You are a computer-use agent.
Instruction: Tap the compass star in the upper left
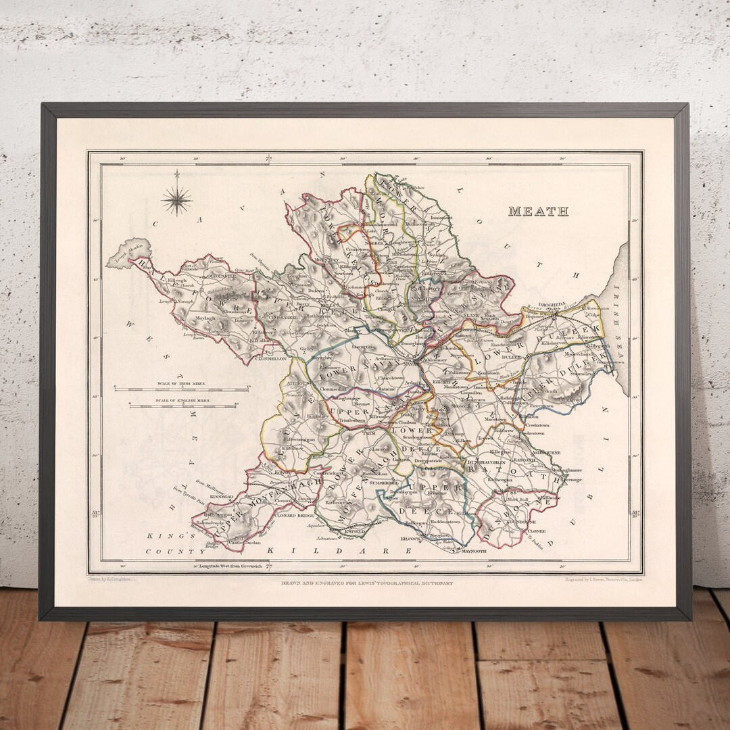(x=176, y=199)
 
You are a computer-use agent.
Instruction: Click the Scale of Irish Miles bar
(x=182, y=389)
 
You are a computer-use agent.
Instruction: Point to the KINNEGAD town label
(x=221, y=497)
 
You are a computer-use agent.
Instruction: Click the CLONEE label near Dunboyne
(x=537, y=531)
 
